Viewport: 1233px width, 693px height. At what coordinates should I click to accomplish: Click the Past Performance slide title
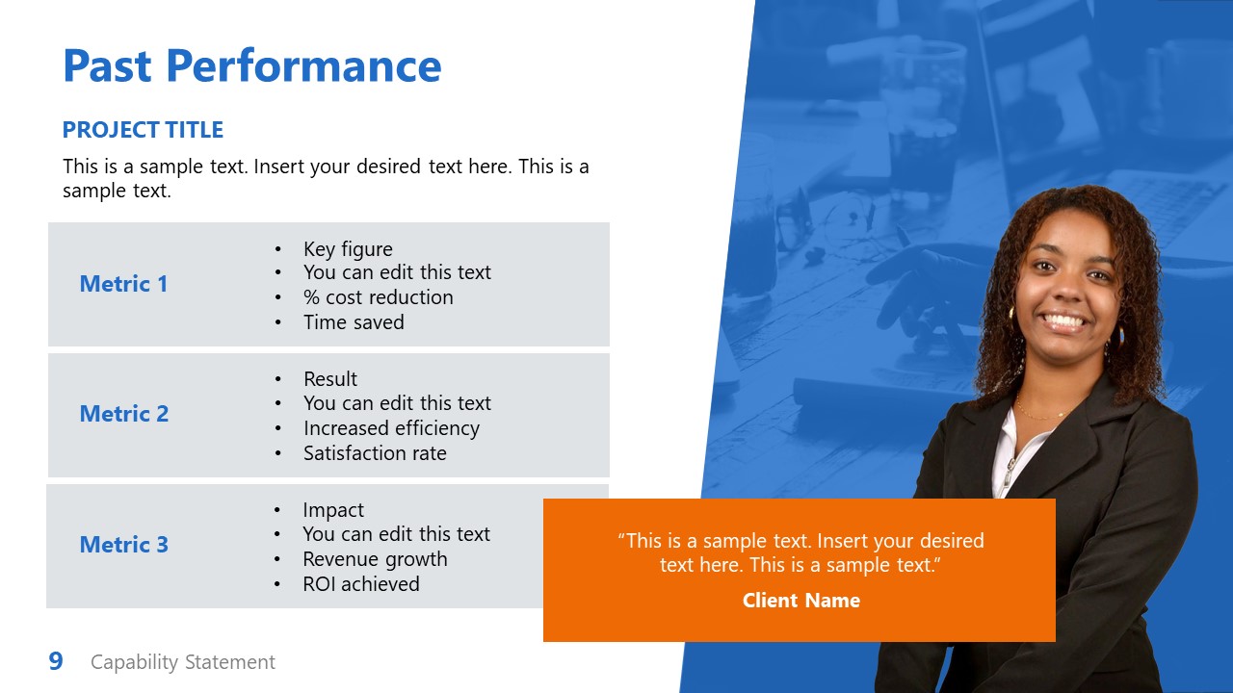coord(251,66)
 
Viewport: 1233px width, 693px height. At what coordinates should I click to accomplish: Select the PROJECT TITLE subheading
coord(143,130)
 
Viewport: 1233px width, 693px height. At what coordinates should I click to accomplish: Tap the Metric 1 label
coord(123,284)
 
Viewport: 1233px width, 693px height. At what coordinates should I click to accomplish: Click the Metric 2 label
coord(123,414)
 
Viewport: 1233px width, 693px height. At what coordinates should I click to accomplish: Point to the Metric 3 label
coord(123,545)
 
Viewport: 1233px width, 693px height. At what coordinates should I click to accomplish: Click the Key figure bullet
coord(348,249)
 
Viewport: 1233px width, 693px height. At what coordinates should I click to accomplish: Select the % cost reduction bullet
coord(378,297)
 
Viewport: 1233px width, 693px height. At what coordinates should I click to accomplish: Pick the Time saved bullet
coord(354,322)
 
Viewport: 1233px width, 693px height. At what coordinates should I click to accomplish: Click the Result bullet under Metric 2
coord(330,379)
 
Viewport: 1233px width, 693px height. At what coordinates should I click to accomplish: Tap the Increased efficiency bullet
coord(391,428)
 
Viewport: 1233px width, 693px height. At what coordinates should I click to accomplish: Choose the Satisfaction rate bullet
coord(375,453)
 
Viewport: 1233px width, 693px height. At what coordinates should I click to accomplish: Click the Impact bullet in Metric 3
coord(333,510)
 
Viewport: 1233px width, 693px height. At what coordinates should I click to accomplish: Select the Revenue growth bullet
coord(375,559)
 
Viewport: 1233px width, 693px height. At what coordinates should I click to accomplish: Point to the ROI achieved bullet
coord(361,584)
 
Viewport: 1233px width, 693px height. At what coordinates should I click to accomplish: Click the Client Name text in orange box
coord(800,601)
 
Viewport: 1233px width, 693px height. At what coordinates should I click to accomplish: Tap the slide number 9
coord(56,661)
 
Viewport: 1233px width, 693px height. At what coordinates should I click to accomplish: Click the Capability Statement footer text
coord(183,662)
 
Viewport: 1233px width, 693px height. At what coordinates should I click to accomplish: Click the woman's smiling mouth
coord(1064,321)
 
